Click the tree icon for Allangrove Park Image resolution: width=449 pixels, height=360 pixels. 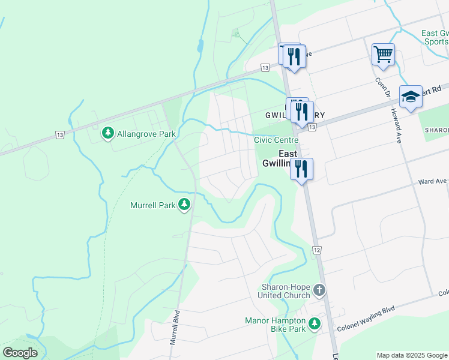108,133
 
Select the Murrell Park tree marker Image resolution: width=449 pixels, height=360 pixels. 185,205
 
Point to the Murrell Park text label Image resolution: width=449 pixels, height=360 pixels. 153,205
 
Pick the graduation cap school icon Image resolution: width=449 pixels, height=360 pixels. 411,97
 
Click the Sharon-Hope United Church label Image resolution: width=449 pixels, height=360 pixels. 285,291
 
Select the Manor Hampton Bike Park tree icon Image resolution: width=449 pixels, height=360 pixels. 314,325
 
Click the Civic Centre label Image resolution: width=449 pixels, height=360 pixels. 276,139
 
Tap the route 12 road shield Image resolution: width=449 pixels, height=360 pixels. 316,249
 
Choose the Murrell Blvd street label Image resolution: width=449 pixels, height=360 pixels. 175,328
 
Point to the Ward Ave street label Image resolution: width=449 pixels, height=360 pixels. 432,181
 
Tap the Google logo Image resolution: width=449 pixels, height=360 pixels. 20,353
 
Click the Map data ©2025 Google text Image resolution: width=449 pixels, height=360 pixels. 412,355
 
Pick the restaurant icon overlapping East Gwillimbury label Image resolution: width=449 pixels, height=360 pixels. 301,169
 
